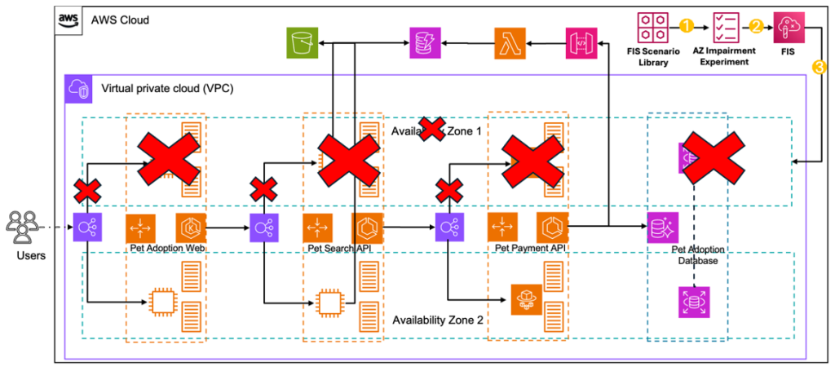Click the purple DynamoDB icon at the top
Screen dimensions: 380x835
(x=425, y=42)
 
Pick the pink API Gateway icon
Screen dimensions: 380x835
(x=581, y=42)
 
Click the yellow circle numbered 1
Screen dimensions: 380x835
(x=686, y=25)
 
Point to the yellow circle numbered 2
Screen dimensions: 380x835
(x=756, y=25)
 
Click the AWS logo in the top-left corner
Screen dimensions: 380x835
(x=69, y=20)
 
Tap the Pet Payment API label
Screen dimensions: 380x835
(x=530, y=247)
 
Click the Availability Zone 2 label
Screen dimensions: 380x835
(x=439, y=320)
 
